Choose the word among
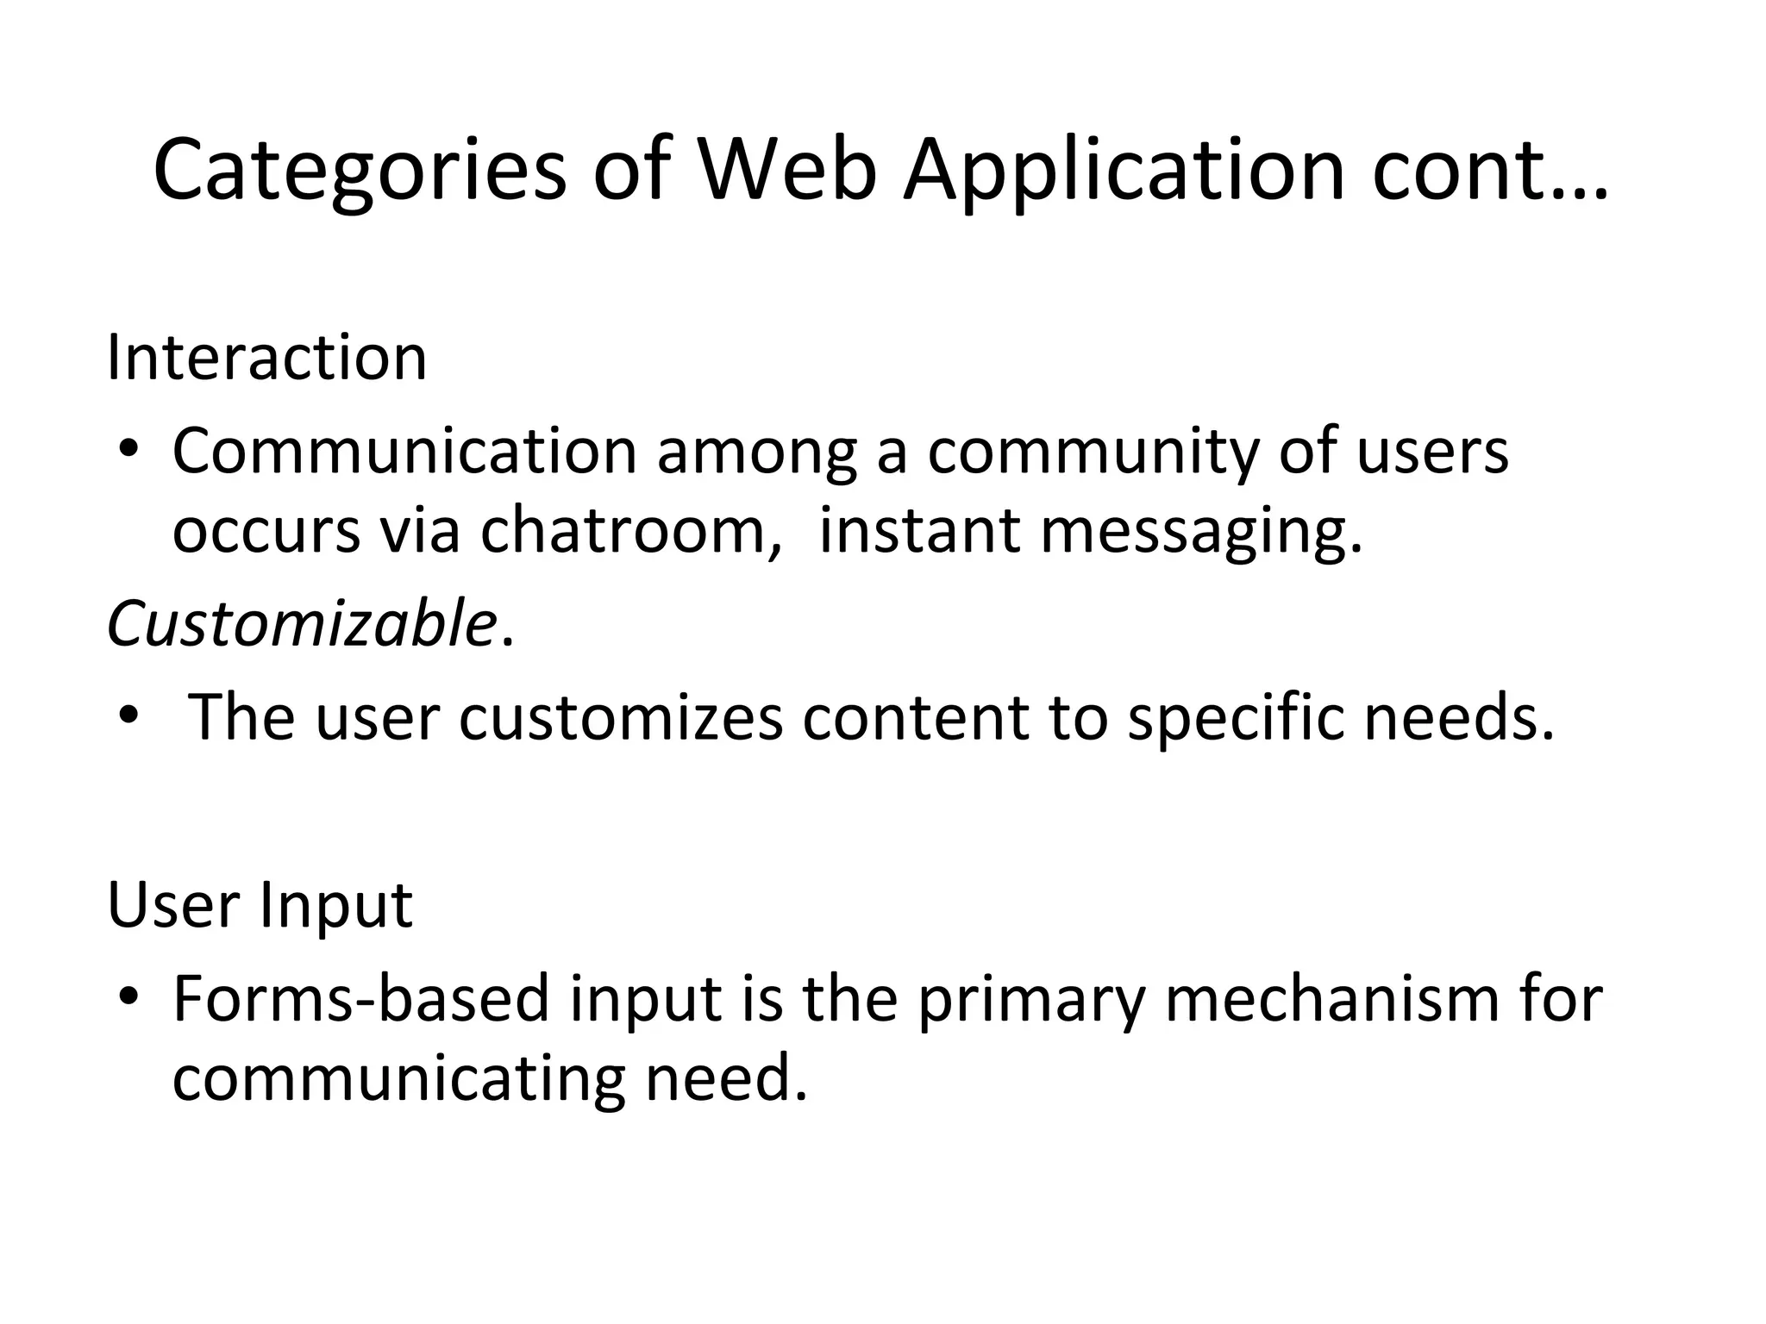[757, 452]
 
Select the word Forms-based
[361, 998]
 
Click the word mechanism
[1332, 998]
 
